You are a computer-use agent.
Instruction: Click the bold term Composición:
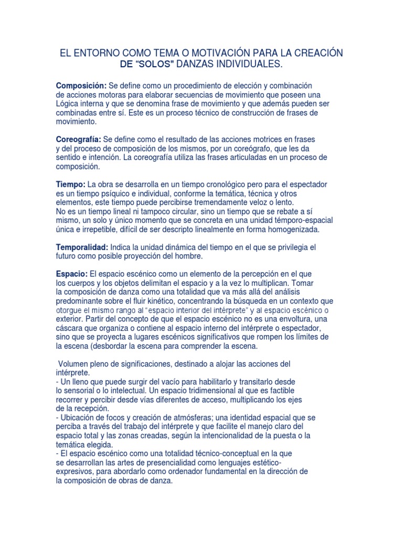tap(81, 85)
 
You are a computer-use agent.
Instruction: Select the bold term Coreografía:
tap(79, 139)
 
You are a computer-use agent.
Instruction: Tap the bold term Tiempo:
tap(70, 185)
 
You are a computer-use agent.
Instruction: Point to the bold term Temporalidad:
tap(82, 247)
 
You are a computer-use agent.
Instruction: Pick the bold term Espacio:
tap(72, 274)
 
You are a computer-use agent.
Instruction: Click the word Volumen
tap(74, 364)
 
